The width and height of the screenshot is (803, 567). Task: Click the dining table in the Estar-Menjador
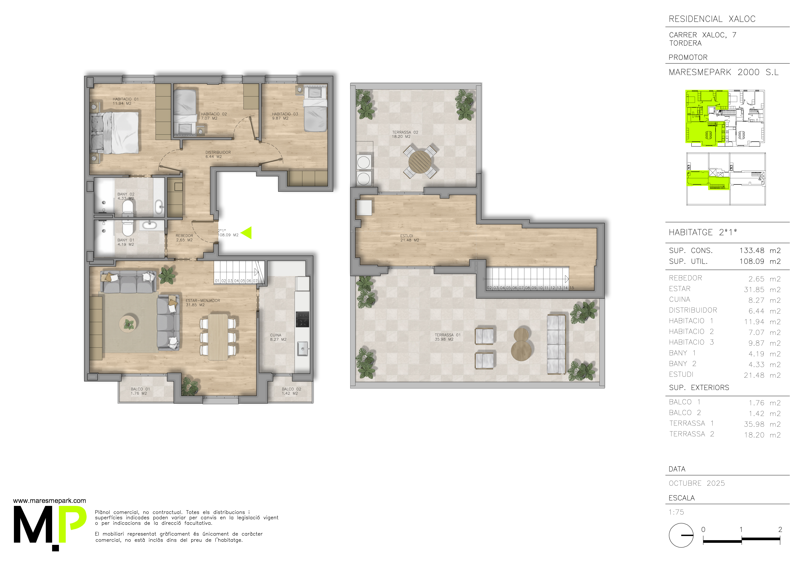[x=218, y=337]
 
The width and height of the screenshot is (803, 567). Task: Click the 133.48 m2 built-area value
[x=760, y=251]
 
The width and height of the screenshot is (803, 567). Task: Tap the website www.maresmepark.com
[x=49, y=501]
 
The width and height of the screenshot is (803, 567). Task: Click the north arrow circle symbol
[x=681, y=535]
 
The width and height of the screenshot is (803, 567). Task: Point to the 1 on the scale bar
[x=741, y=530]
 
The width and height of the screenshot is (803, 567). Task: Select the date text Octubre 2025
[x=697, y=483]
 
